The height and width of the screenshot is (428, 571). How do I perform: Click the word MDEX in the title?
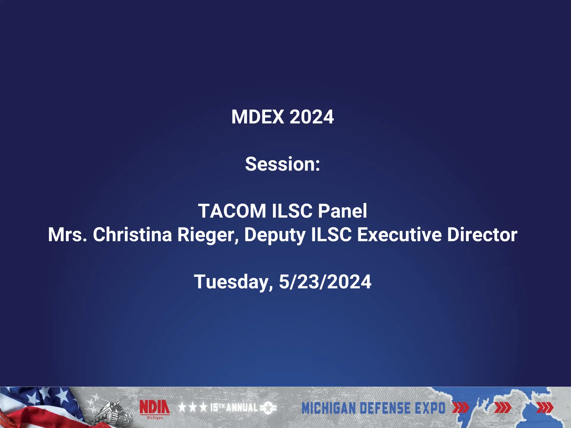coord(258,117)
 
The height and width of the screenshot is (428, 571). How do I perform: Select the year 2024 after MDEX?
coord(311,117)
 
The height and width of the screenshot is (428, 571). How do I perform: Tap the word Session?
coord(283,164)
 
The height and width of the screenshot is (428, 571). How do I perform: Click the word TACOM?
coord(232,211)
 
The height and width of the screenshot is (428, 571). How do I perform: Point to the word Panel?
coord(343,211)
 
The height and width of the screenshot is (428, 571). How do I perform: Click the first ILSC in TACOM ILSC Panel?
coord(292,211)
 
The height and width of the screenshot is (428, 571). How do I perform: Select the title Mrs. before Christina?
coord(68,235)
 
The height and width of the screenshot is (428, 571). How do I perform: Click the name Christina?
coord(132,235)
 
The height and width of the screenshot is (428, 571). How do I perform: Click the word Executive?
coord(399,235)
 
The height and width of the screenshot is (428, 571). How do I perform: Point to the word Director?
coord(482,235)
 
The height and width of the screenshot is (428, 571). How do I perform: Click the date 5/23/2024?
coord(325,282)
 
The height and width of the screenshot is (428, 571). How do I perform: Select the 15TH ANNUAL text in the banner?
coord(234,407)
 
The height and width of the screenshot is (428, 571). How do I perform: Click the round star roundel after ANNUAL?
coord(268,408)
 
